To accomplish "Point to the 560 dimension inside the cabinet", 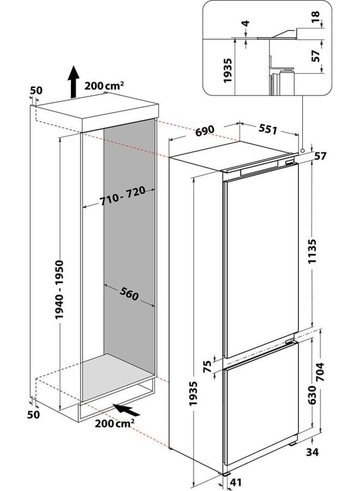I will (129, 295).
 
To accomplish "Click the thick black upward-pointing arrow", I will (72, 81).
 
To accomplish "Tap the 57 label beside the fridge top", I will (322, 157).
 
